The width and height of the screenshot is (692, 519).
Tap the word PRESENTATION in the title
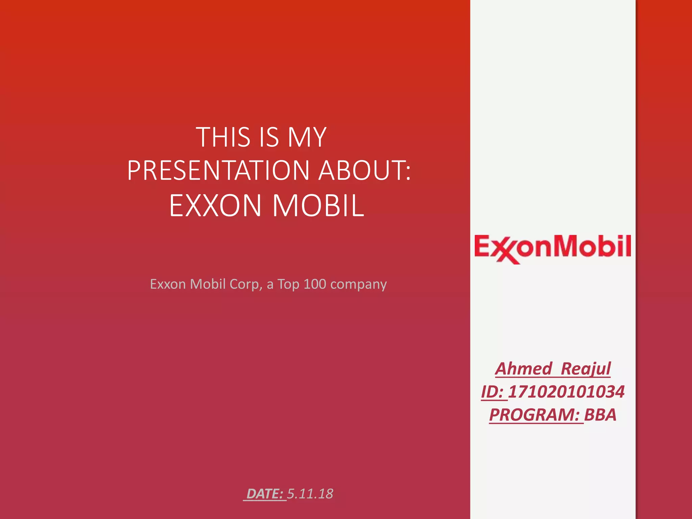[x=218, y=170]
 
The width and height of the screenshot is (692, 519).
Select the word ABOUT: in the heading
[x=365, y=170]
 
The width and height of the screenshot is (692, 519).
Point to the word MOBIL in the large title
[x=318, y=205]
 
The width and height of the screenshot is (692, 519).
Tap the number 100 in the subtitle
[x=315, y=284]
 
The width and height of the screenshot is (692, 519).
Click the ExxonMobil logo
[x=552, y=248]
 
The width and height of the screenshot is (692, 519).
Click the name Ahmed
[x=524, y=369]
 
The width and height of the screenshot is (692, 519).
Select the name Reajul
[x=586, y=369]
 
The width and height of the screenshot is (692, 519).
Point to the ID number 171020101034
[x=566, y=392]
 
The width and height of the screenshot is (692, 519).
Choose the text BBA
[x=600, y=415]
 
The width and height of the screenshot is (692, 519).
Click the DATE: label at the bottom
[x=265, y=494]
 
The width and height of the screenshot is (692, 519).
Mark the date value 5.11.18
[x=310, y=494]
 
